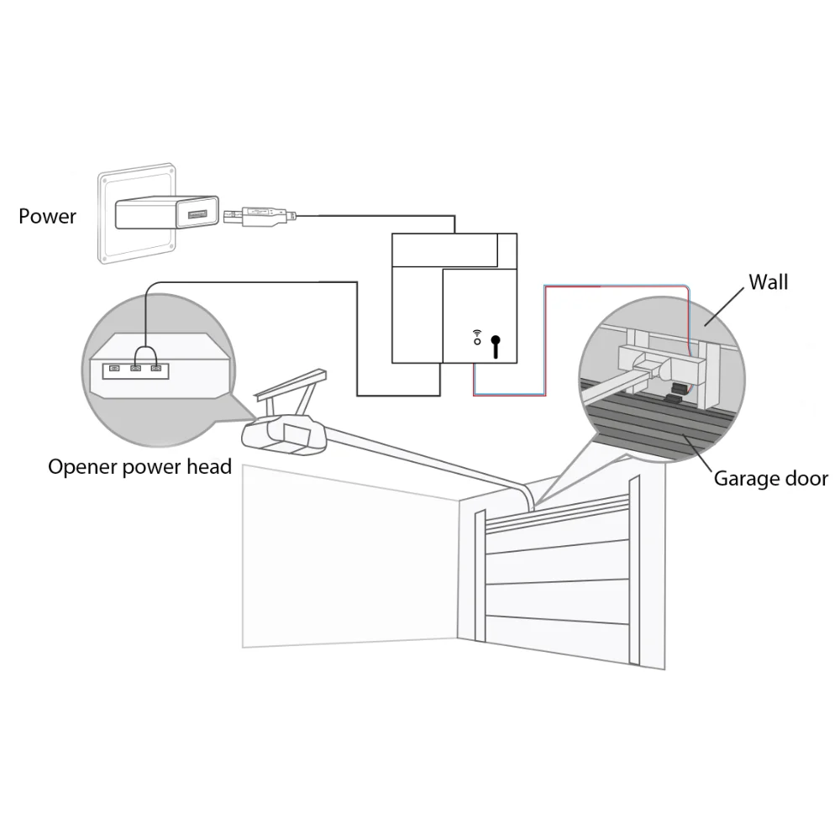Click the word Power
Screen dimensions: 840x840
(x=47, y=217)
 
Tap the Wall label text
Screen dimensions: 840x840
(x=768, y=282)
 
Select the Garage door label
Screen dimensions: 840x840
(x=770, y=479)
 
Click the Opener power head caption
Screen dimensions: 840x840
(x=139, y=467)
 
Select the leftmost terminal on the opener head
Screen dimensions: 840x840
(x=113, y=368)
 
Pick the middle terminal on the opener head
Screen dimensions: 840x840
(x=134, y=368)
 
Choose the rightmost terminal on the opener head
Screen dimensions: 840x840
(x=155, y=368)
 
